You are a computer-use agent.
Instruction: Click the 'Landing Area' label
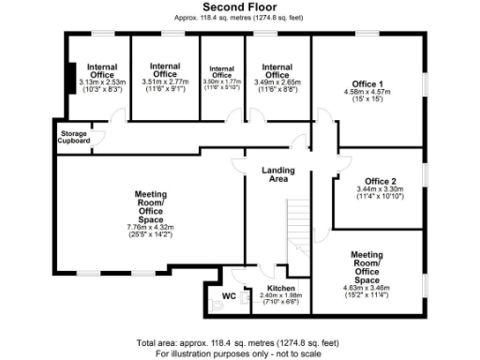278,175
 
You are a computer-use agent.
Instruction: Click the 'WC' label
228,297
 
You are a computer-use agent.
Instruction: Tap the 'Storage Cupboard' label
74,137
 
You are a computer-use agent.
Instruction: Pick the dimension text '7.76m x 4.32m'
151,227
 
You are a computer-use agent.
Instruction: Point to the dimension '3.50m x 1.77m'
221,82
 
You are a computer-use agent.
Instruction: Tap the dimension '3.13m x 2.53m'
101,82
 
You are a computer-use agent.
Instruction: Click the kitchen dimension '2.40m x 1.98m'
281,296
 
